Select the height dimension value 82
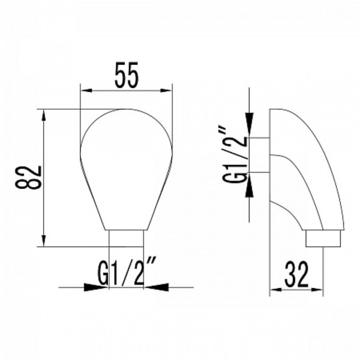(x=31, y=177)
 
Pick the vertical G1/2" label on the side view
(x=235, y=154)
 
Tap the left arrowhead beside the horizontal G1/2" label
(x=100, y=287)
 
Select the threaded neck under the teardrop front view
(x=126, y=238)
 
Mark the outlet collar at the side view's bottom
(x=325, y=239)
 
